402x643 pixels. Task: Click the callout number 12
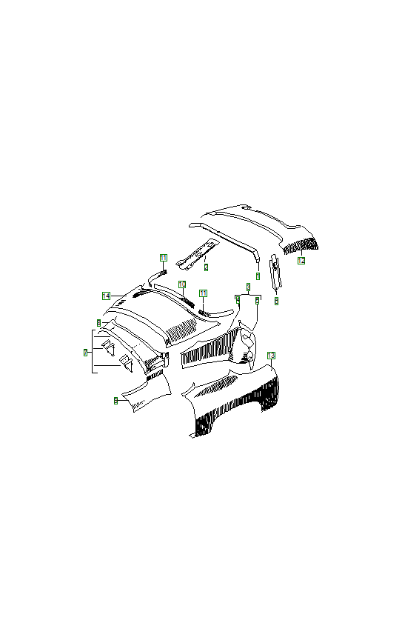pyautogui.click(x=301, y=261)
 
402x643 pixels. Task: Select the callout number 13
pyautogui.click(x=271, y=356)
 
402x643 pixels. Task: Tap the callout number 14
pyautogui.click(x=107, y=296)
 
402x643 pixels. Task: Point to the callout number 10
pyautogui.click(x=181, y=284)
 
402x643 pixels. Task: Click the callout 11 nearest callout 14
pyautogui.click(x=164, y=258)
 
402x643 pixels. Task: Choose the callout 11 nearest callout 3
pyautogui.click(x=203, y=294)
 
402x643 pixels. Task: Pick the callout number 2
pyautogui.click(x=206, y=267)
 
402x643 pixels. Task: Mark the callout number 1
pyautogui.click(x=258, y=276)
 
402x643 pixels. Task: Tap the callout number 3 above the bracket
pyautogui.click(x=249, y=286)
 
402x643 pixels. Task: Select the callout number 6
pyautogui.click(x=276, y=301)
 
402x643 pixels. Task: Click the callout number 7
pyautogui.click(x=86, y=353)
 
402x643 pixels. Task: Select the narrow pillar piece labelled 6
pyautogui.click(x=275, y=274)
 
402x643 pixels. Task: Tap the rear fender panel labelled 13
pyautogui.click(x=237, y=404)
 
